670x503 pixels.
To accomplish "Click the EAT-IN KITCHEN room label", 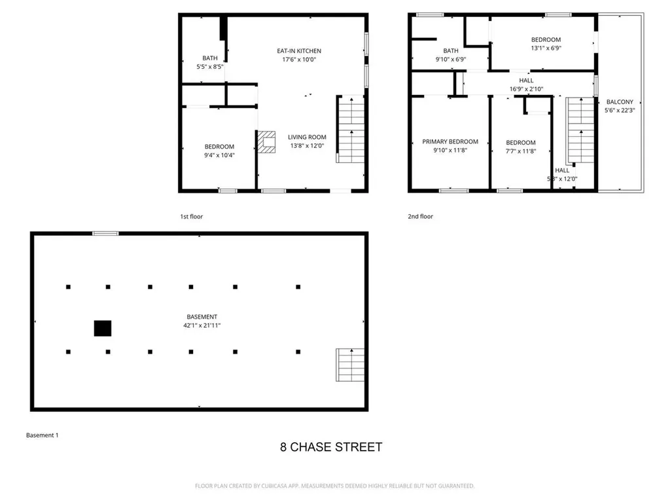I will [298, 51].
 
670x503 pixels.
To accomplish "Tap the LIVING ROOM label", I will [306, 138].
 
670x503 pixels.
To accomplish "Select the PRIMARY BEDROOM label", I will [450, 141].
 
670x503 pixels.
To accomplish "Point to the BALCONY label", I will [620, 102].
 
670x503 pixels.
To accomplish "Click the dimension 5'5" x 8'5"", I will [210, 67].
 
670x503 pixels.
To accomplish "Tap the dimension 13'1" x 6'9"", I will [546, 48].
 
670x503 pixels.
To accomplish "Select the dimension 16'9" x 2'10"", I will [526, 89].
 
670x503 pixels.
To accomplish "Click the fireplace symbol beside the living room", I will [267, 141].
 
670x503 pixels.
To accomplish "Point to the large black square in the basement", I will [103, 328].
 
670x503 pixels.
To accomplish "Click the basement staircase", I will [350, 365].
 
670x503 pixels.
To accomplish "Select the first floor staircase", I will [351, 130].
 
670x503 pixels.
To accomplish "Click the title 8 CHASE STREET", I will [331, 447].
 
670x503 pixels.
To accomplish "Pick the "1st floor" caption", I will [192, 216].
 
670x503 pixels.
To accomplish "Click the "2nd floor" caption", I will [421, 216].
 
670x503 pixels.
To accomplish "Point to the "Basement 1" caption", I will [42, 435].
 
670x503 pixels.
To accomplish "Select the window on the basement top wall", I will [105, 233].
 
